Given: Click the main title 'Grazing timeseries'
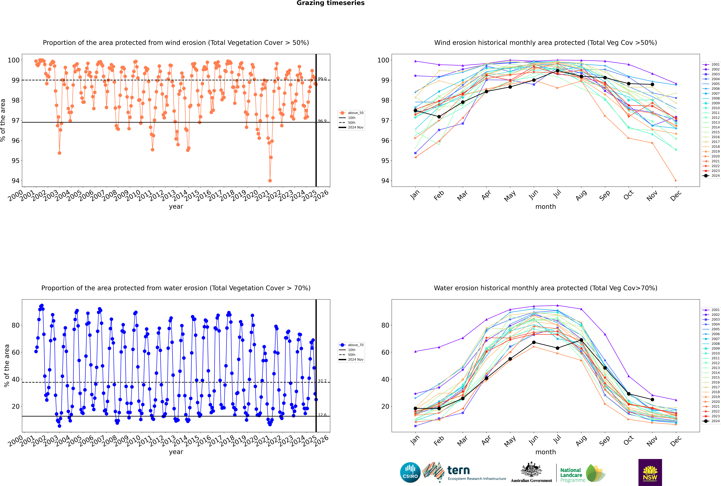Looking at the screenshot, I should click(330, 3).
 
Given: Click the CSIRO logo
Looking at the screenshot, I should click(410, 472).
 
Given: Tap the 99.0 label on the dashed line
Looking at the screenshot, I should click(322, 79).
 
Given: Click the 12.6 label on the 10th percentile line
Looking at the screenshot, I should click(322, 415).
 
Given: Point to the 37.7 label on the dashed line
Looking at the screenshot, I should click(322, 381).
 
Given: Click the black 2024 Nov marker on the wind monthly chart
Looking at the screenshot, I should click(652, 84).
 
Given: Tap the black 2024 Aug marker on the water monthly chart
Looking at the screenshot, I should click(581, 340).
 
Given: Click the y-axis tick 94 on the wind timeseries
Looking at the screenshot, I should click(15, 181).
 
